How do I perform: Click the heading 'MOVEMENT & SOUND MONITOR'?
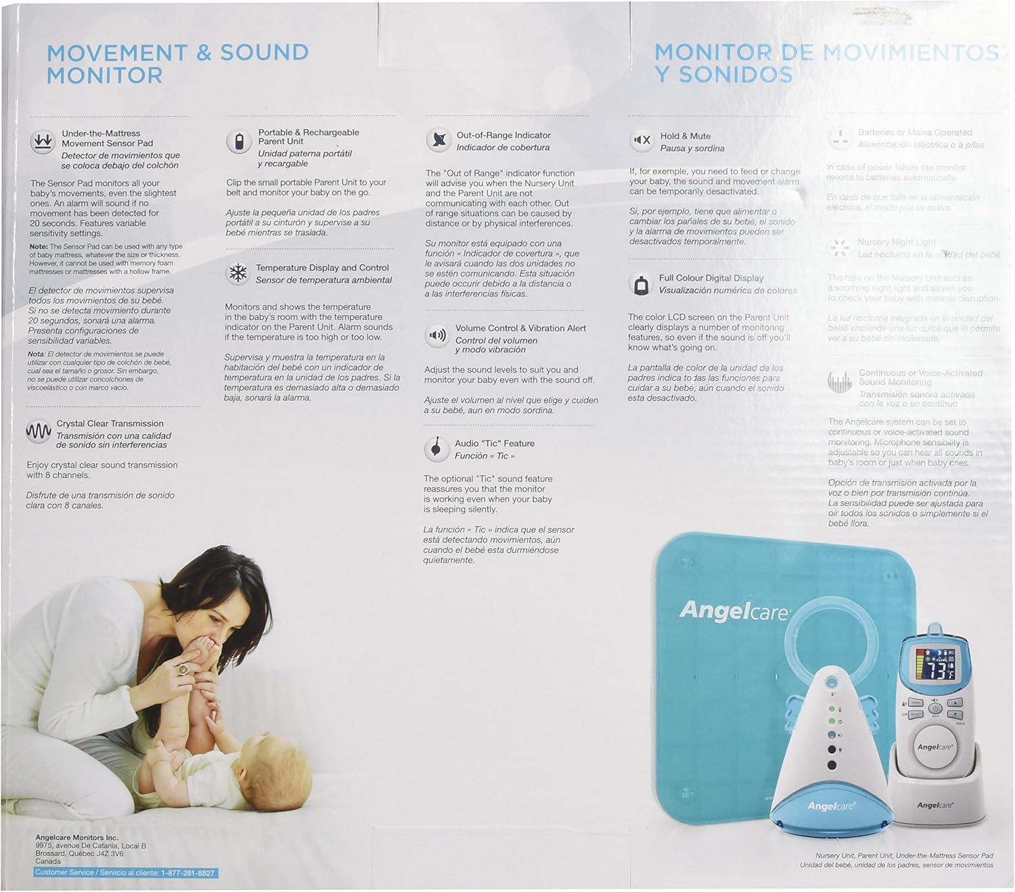click(x=177, y=64)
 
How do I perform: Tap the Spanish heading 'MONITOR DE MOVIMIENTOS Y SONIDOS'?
click(x=826, y=63)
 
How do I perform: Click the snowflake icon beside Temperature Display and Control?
click(x=238, y=273)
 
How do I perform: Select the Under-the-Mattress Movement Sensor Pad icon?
click(x=43, y=142)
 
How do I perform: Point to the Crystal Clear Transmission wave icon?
click(x=39, y=431)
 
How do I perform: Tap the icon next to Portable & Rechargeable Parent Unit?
click(x=239, y=142)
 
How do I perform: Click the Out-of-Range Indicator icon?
click(x=439, y=140)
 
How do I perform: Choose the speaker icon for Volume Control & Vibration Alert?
click(x=437, y=335)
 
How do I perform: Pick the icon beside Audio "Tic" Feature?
click(x=437, y=448)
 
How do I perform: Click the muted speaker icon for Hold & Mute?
click(x=641, y=141)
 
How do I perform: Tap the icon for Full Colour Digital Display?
click(x=639, y=284)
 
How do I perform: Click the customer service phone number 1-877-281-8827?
click(x=187, y=873)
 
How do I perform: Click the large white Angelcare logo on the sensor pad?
click(x=734, y=611)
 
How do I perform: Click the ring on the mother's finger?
click(x=183, y=670)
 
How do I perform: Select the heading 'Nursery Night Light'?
click(x=897, y=242)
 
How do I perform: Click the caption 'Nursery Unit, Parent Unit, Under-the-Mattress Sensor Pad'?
click(x=904, y=855)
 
